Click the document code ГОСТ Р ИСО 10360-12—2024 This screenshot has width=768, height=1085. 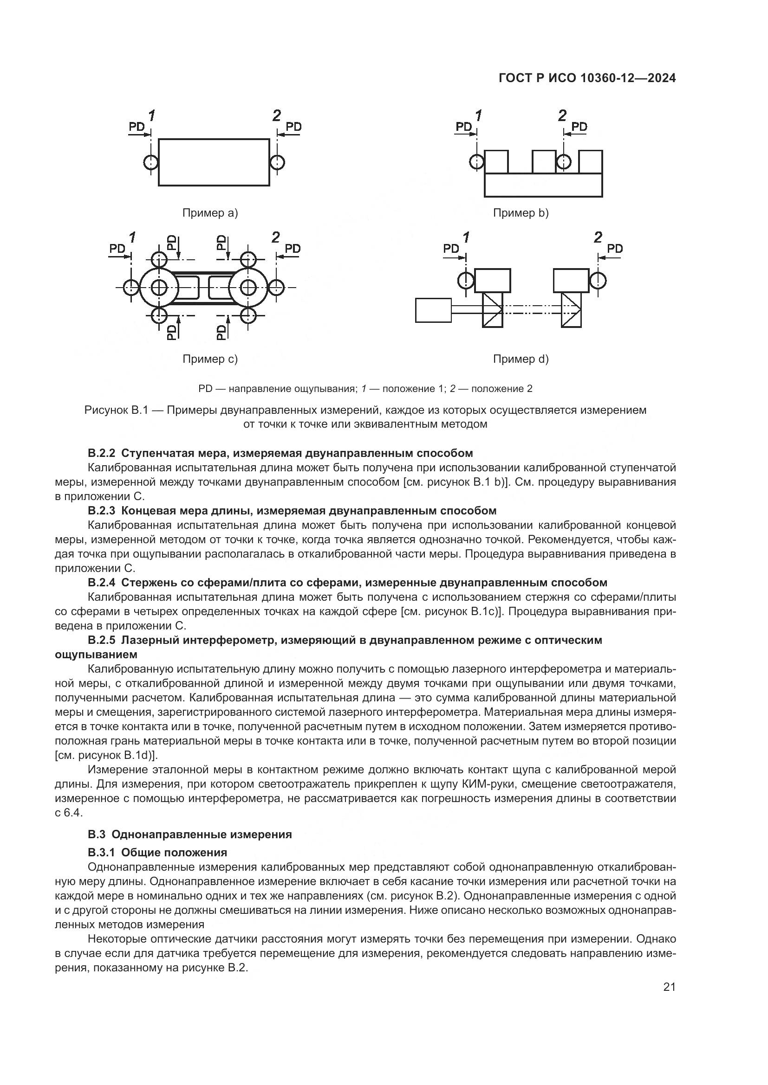[587, 78]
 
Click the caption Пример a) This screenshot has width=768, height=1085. [210, 213]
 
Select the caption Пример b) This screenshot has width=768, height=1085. [521, 213]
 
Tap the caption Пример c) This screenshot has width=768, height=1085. [210, 359]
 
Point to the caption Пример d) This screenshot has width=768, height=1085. [521, 359]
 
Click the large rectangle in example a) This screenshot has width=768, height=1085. [214, 162]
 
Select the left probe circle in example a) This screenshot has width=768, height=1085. [151, 162]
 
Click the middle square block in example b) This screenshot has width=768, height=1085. [543, 162]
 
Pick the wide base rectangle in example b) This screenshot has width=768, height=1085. [543, 185]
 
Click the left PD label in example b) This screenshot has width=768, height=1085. [464, 126]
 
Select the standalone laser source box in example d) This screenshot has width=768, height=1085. [433, 310]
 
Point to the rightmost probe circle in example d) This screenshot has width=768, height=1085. [598, 281]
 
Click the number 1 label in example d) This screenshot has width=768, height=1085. [466, 237]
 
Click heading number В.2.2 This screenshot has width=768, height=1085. [101, 454]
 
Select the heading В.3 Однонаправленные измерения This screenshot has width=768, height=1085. [189, 835]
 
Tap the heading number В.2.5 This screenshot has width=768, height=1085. [101, 640]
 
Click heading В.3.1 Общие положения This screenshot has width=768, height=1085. [157, 853]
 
